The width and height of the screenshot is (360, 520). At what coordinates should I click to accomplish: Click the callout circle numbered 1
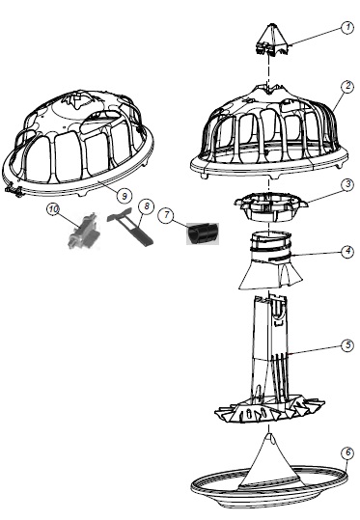[347, 27]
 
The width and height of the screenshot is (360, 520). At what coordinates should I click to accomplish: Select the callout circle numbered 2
[347, 86]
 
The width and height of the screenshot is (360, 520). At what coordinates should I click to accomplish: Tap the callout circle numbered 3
[347, 184]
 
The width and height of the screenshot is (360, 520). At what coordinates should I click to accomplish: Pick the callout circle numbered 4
[347, 251]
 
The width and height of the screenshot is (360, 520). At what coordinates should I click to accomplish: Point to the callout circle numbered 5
[347, 345]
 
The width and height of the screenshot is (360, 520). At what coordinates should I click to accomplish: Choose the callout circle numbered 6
[347, 452]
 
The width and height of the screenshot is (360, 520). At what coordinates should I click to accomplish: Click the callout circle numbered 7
[167, 215]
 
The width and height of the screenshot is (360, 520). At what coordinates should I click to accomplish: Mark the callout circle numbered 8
[147, 206]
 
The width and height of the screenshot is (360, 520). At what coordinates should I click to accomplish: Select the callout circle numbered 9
[125, 195]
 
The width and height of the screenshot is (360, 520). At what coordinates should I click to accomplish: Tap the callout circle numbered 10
[53, 209]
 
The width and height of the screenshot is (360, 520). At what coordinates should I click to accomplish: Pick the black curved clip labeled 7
[203, 233]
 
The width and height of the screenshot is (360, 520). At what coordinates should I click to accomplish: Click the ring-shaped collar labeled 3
[271, 206]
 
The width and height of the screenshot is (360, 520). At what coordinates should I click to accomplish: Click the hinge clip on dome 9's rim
[14, 191]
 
